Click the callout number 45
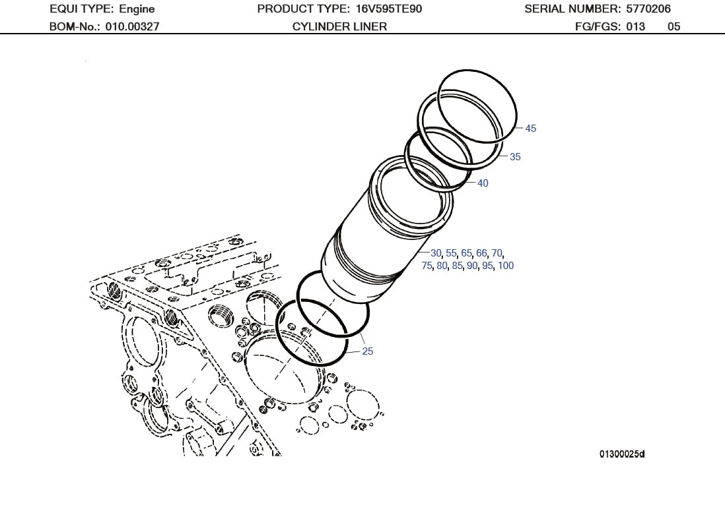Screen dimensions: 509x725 click(x=531, y=129)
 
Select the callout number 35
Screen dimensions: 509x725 click(x=515, y=157)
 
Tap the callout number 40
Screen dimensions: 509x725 click(x=483, y=183)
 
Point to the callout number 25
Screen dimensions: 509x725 click(x=368, y=351)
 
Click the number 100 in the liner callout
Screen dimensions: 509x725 click(x=506, y=266)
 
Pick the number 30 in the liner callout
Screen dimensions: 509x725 click(x=436, y=253)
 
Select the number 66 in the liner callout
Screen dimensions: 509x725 click(x=481, y=253)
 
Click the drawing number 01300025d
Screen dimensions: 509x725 click(x=621, y=454)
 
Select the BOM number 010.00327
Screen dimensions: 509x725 click(x=132, y=27)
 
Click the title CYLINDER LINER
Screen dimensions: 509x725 click(x=339, y=27)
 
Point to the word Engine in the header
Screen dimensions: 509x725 click(x=137, y=9)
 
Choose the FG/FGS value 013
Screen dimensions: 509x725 click(x=635, y=27)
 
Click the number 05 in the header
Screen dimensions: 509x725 click(x=673, y=27)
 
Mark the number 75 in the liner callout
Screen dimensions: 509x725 click(x=427, y=266)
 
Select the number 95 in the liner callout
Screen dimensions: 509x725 click(x=487, y=266)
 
